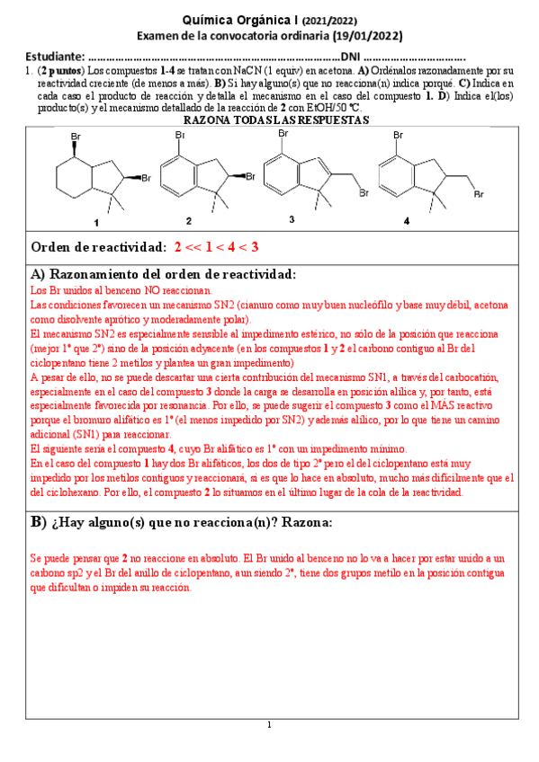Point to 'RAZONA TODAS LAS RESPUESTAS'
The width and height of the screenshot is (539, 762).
click(270, 120)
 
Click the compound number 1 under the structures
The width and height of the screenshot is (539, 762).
click(95, 220)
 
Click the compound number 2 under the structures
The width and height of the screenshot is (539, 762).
click(188, 219)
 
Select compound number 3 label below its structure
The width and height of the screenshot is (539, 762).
click(292, 219)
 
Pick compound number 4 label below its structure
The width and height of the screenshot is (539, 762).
click(406, 220)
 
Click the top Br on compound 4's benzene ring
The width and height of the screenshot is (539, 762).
click(399, 134)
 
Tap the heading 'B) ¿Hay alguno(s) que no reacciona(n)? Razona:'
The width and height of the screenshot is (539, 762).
click(181, 523)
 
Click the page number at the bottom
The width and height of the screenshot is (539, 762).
click(269, 725)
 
